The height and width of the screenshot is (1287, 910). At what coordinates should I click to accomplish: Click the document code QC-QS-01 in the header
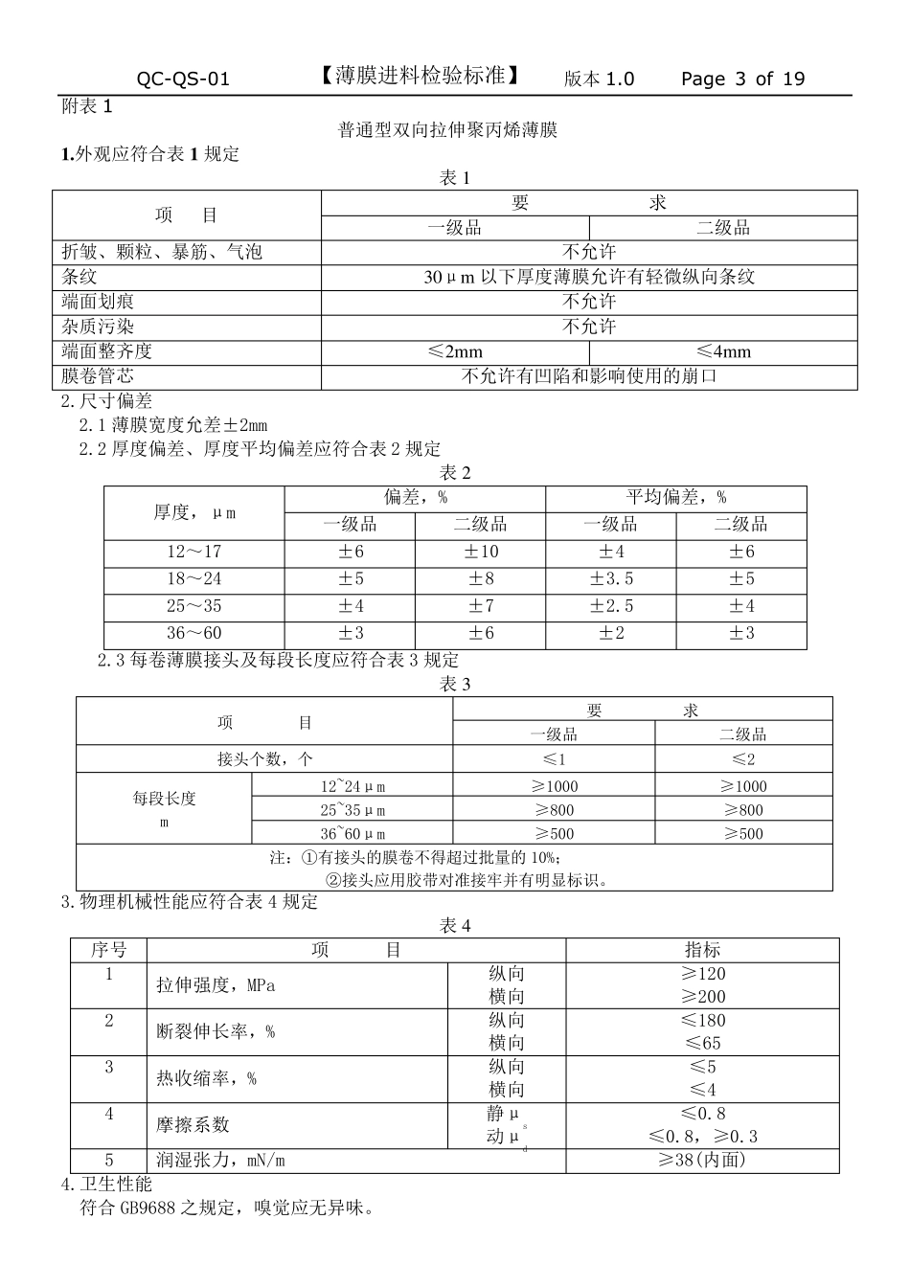[x=183, y=79]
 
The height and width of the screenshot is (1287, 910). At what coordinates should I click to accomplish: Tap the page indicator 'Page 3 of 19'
[x=742, y=79]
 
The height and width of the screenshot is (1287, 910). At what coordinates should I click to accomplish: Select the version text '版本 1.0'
[x=599, y=79]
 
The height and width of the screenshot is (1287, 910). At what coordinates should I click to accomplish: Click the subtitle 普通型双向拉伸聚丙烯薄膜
[x=447, y=129]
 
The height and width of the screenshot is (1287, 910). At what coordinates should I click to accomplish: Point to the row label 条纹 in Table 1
[x=80, y=277]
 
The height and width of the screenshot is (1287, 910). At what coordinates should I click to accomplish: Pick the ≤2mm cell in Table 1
[x=455, y=351]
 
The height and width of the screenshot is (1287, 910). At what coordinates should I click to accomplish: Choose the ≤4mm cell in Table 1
[x=723, y=351]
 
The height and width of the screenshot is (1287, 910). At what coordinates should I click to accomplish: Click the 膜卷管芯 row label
[x=98, y=376]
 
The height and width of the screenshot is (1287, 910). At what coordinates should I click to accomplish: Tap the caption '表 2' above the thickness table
[x=455, y=473]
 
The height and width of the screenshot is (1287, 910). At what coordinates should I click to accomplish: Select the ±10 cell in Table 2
[x=481, y=552]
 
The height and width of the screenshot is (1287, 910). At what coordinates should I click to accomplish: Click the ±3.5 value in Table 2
[x=611, y=579]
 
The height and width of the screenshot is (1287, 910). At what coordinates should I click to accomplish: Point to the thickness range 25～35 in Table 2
[x=193, y=606]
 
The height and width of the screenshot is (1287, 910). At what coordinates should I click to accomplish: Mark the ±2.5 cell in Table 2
[x=611, y=606]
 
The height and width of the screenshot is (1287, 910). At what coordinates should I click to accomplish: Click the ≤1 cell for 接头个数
[x=554, y=759]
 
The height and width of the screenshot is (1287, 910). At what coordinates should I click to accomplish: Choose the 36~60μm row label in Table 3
[x=353, y=834]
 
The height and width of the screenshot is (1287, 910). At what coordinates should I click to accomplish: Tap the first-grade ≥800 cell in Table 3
[x=554, y=810]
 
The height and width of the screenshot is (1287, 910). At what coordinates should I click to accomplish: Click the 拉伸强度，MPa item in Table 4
[x=216, y=985]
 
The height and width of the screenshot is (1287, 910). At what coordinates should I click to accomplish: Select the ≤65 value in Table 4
[x=702, y=1044]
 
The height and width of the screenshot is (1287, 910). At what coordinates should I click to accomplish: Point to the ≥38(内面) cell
[x=702, y=1161]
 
